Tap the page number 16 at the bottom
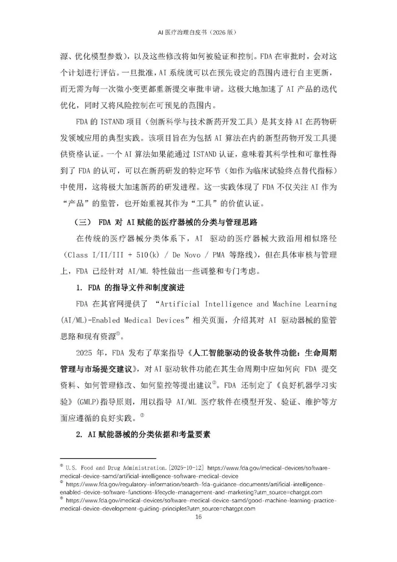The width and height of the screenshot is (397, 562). point(198,516)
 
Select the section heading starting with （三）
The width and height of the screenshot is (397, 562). point(166,222)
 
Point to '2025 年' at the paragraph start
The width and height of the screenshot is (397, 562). point(89,353)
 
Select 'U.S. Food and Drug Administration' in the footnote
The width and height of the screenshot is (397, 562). point(116,468)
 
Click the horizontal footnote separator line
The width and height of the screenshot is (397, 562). point(108,458)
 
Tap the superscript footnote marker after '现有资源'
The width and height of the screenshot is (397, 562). point(118,334)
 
